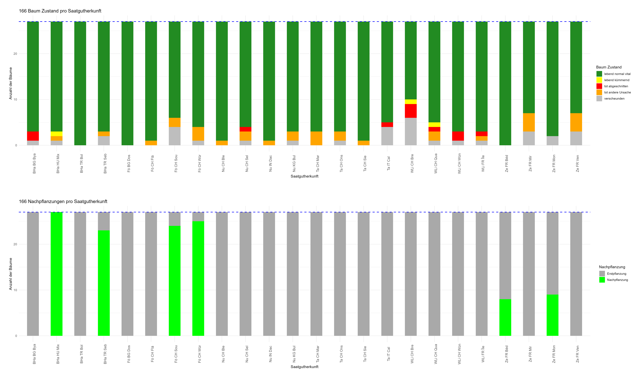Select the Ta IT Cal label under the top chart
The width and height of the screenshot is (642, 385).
388,163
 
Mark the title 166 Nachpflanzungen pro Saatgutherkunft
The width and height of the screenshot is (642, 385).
63,201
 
